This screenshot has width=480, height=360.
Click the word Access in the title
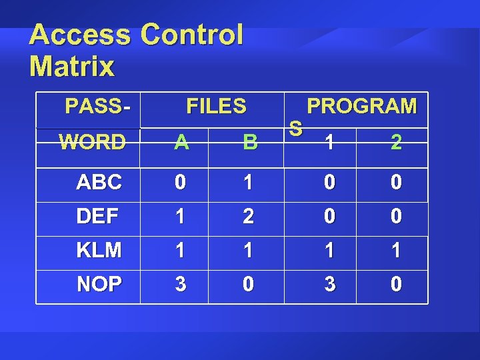click(81, 35)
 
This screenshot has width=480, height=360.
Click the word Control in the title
click(192, 35)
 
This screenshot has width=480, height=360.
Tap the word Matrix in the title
click(72, 67)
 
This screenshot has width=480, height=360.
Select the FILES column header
click(216, 106)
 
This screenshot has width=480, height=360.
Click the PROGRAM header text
click(361, 106)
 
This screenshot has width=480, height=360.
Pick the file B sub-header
click(250, 142)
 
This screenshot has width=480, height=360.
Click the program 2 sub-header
click(396, 142)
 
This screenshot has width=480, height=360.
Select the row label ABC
click(99, 183)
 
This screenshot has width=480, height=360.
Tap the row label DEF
click(98, 217)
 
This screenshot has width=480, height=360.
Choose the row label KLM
click(99, 251)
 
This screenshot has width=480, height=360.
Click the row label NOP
click(99, 285)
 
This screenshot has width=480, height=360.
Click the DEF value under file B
click(248, 217)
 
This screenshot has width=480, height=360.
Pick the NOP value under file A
click(180, 285)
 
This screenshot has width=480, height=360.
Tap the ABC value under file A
click(180, 183)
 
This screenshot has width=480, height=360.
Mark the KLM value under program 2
click(395, 251)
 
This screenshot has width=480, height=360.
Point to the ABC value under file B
click(248, 183)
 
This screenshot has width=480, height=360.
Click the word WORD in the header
click(92, 142)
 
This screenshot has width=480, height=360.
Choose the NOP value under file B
click(248, 285)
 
